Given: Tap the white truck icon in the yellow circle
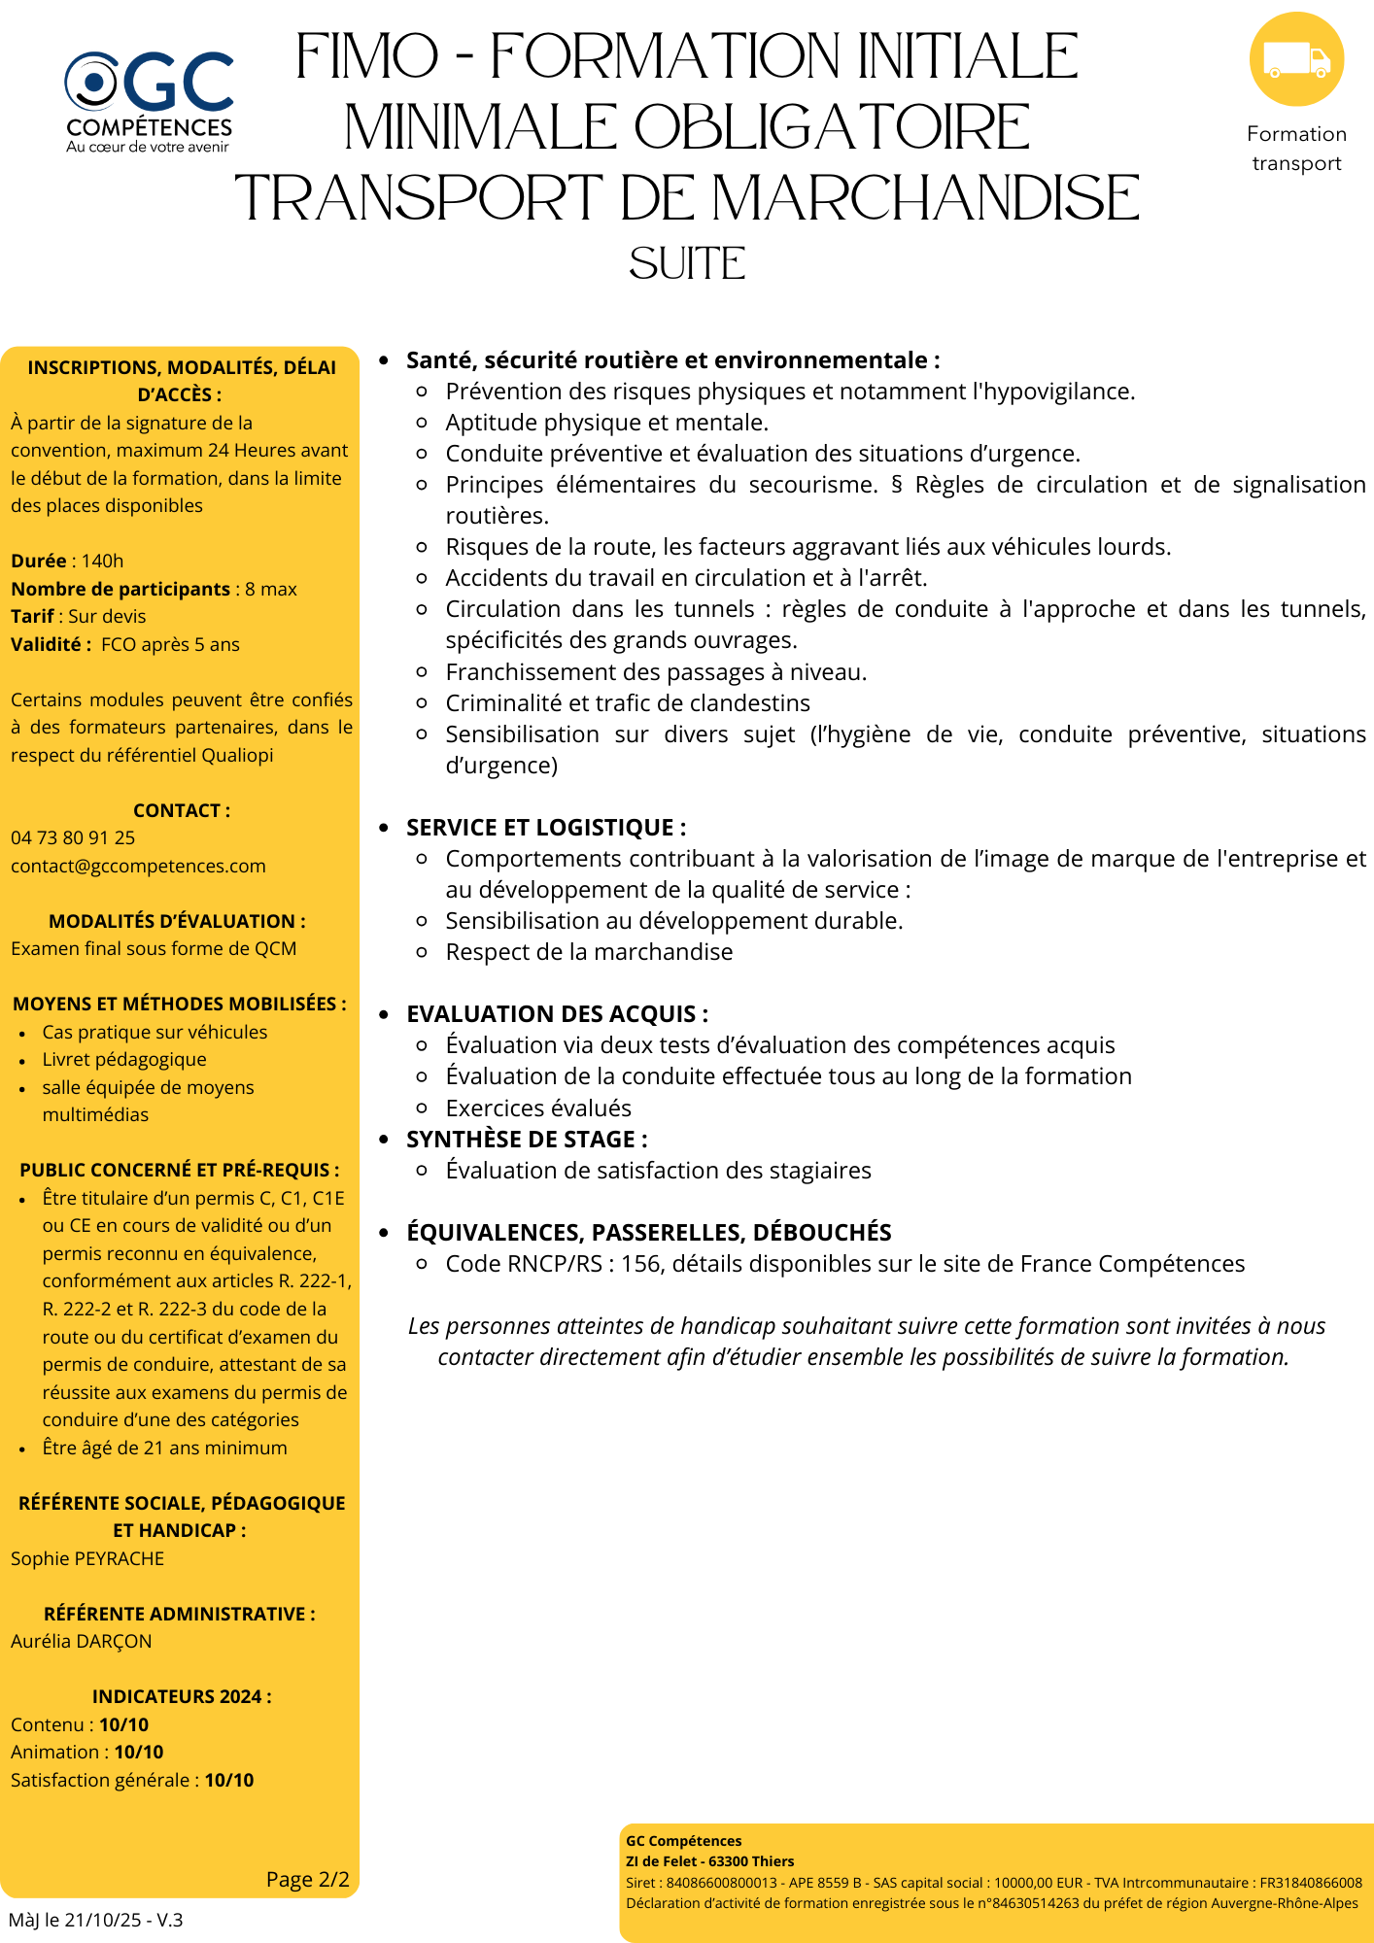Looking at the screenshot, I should (x=1296, y=60).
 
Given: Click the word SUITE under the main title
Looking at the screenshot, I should (x=687, y=264).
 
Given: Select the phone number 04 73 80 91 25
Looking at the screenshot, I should (x=73, y=838).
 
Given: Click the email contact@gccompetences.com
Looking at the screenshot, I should (x=138, y=867).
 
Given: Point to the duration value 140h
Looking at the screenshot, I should (x=102, y=562).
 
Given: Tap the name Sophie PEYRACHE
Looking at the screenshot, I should (x=87, y=1559).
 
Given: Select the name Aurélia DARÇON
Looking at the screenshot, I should (x=82, y=1642).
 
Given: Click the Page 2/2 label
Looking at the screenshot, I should (x=307, y=1880).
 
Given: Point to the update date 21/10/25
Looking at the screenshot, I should (x=103, y=1921).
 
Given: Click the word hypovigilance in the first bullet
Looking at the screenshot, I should (x=1060, y=392).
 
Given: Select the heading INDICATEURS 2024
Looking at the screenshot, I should (x=182, y=1697).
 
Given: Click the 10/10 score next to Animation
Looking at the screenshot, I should (x=139, y=1753).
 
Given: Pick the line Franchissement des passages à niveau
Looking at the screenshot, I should (x=656, y=672).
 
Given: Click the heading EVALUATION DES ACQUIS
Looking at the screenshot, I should (x=557, y=1014).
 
